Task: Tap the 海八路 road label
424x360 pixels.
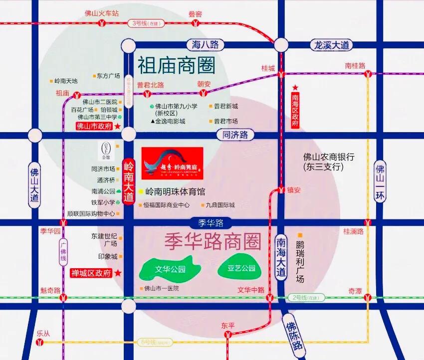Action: coord(203,44)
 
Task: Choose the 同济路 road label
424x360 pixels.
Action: coord(235,135)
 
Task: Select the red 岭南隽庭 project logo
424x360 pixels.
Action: coord(172,162)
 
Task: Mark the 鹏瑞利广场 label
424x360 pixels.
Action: coord(300,261)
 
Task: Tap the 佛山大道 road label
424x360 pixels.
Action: coord(34,183)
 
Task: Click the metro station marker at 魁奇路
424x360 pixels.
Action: coord(63,298)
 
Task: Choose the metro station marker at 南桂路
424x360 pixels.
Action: coord(368,74)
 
